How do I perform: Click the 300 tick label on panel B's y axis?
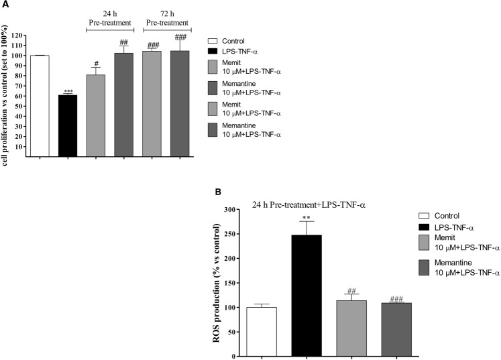click(x=229, y=210)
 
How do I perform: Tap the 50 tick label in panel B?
click(x=231, y=332)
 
